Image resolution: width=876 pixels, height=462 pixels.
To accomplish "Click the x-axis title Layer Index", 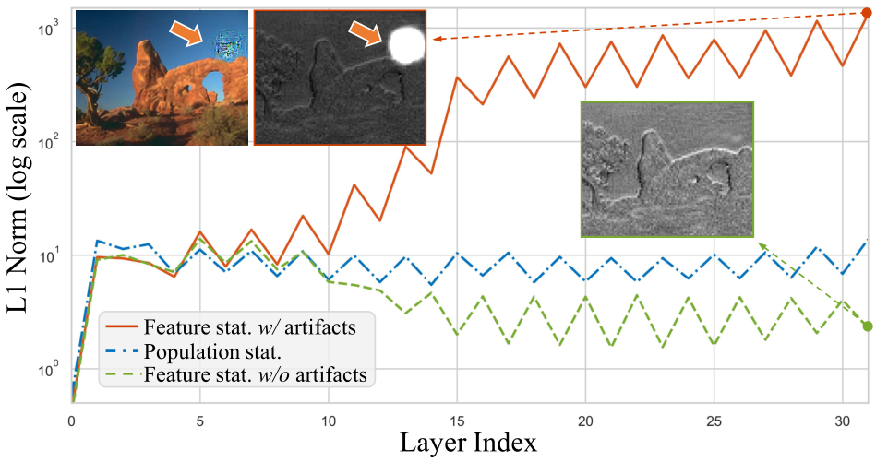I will pos(469,444).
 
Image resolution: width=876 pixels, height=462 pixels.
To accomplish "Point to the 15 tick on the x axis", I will pos(456,419).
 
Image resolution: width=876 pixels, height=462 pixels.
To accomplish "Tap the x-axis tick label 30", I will pos(840,419).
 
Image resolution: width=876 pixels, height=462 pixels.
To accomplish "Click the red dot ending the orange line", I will pos(865,13).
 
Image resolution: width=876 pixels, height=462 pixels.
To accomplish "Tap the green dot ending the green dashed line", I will pos(867,326).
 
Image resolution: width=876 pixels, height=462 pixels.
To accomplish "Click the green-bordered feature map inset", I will pos(666,169).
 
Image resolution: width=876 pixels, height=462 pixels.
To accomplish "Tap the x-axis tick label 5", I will pos(199,419).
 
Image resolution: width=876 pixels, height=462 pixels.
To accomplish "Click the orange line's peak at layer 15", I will pos(457,77).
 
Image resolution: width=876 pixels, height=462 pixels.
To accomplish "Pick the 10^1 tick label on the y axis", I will pos(46,255).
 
